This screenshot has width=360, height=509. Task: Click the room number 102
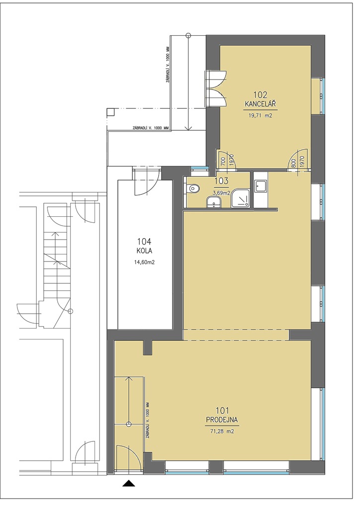261,95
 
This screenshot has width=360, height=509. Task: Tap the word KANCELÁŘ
261,104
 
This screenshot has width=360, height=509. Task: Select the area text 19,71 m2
261,115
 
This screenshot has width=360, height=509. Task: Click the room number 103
221,181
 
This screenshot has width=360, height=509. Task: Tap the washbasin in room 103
214,203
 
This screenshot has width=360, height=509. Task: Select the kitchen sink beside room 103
260,186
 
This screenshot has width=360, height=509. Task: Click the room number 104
144,242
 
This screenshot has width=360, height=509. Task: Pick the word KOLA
144,251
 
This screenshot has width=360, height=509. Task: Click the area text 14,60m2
144,262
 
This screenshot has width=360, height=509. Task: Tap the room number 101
222,410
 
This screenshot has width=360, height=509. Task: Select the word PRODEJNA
222,420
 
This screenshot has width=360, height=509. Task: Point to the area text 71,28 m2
222,431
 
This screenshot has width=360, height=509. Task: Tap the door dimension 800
293,161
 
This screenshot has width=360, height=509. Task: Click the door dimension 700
223,161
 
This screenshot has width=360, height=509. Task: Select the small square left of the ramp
111,112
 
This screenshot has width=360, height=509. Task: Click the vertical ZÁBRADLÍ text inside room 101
147,421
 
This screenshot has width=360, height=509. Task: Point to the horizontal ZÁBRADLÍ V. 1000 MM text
151,128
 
